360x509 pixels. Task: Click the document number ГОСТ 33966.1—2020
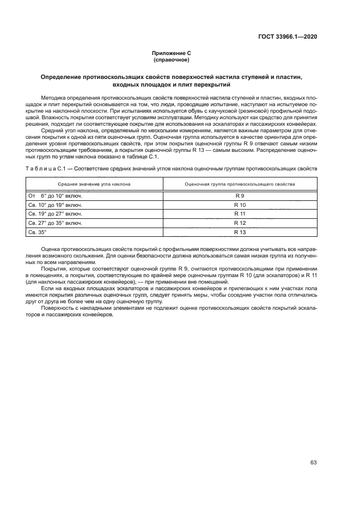point(288,36)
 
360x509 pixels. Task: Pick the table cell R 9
point(240,195)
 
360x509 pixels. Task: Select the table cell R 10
point(240,204)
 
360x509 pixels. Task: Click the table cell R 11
point(240,213)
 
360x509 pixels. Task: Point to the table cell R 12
point(240,223)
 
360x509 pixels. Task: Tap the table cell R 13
point(240,232)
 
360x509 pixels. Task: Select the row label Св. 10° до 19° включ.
point(54,204)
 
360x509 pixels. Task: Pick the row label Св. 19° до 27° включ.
point(54,213)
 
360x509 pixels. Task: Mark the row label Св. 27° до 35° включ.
point(54,223)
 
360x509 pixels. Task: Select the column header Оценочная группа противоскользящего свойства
point(240,184)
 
